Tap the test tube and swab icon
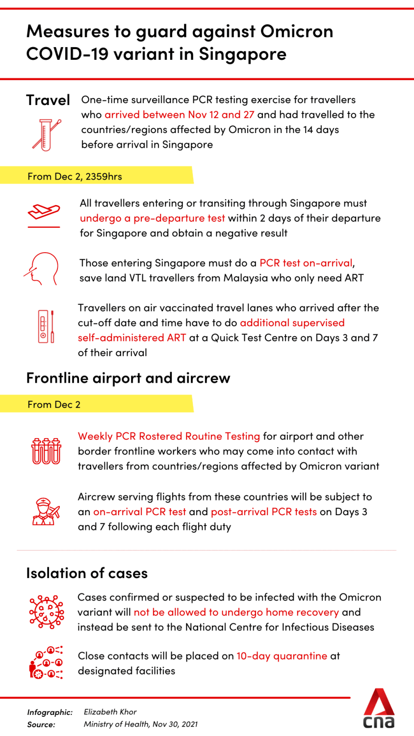tap(46, 134)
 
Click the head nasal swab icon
tap(42, 269)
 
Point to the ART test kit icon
tap(46, 326)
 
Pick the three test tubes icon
tap(47, 451)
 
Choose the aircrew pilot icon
tap(46, 511)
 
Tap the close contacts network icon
tap(46, 662)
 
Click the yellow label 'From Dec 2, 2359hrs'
tap(75, 177)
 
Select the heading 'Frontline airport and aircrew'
tap(128, 378)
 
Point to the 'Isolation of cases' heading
tap(87, 573)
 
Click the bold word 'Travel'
tap(48, 100)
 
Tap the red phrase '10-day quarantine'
tap(282, 656)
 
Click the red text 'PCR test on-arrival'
tap(306, 263)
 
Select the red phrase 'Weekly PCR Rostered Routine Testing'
tap(169, 436)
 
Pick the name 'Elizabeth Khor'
tap(110, 712)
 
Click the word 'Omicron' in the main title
tap(297, 31)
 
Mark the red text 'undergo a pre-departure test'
tap(152, 218)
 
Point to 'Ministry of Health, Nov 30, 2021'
tap(141, 724)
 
